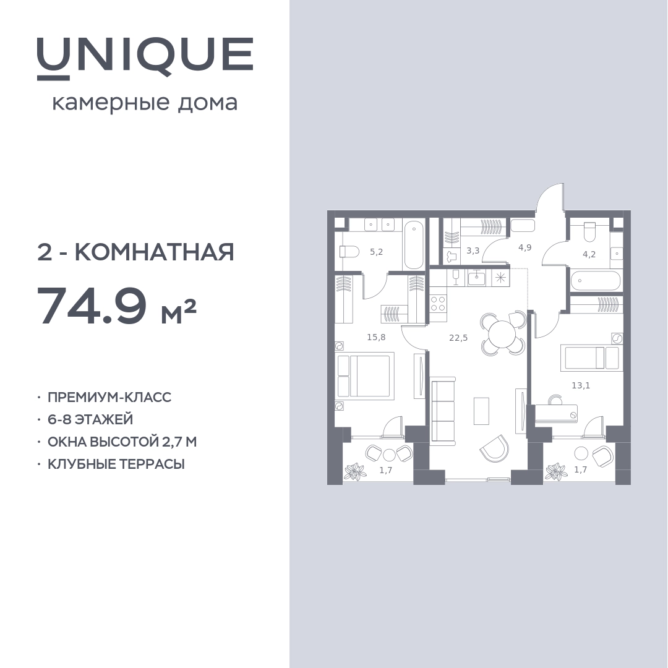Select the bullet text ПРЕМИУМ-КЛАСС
click(109, 397)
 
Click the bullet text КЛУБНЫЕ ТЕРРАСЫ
click(116, 463)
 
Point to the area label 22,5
click(458, 338)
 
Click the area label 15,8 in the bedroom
click(376, 338)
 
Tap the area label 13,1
click(581, 385)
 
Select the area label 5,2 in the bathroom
click(376, 252)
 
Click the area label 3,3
click(473, 250)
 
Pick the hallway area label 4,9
click(525, 247)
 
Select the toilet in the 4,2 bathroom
click(589, 231)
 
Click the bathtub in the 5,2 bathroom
click(414, 244)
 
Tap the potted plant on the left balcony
click(354, 471)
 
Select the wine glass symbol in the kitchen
click(455, 278)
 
